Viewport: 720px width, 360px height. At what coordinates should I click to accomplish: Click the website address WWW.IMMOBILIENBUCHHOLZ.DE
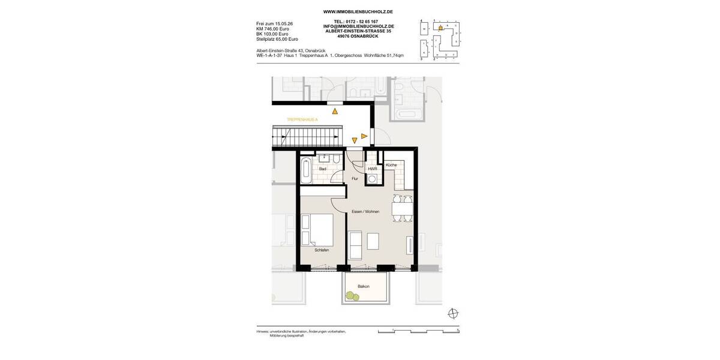(358, 11)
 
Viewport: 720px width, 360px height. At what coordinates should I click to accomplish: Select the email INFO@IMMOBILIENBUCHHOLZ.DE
(358, 26)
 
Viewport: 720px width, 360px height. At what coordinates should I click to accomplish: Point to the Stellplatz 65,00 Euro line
(277, 39)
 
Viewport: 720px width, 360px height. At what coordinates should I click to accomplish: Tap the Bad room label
(323, 169)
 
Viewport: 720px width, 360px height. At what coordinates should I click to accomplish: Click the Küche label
(391, 164)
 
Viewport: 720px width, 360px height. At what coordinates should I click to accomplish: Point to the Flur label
(355, 178)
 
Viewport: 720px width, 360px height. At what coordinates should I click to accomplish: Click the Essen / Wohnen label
(365, 211)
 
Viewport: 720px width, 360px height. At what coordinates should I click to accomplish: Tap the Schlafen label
(322, 250)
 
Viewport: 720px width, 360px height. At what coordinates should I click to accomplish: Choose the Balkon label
(364, 286)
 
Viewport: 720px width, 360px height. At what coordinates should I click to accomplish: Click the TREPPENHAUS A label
(302, 120)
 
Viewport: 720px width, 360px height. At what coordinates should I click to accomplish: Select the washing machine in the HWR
(373, 179)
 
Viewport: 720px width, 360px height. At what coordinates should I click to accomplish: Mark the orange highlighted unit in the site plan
(440, 28)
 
